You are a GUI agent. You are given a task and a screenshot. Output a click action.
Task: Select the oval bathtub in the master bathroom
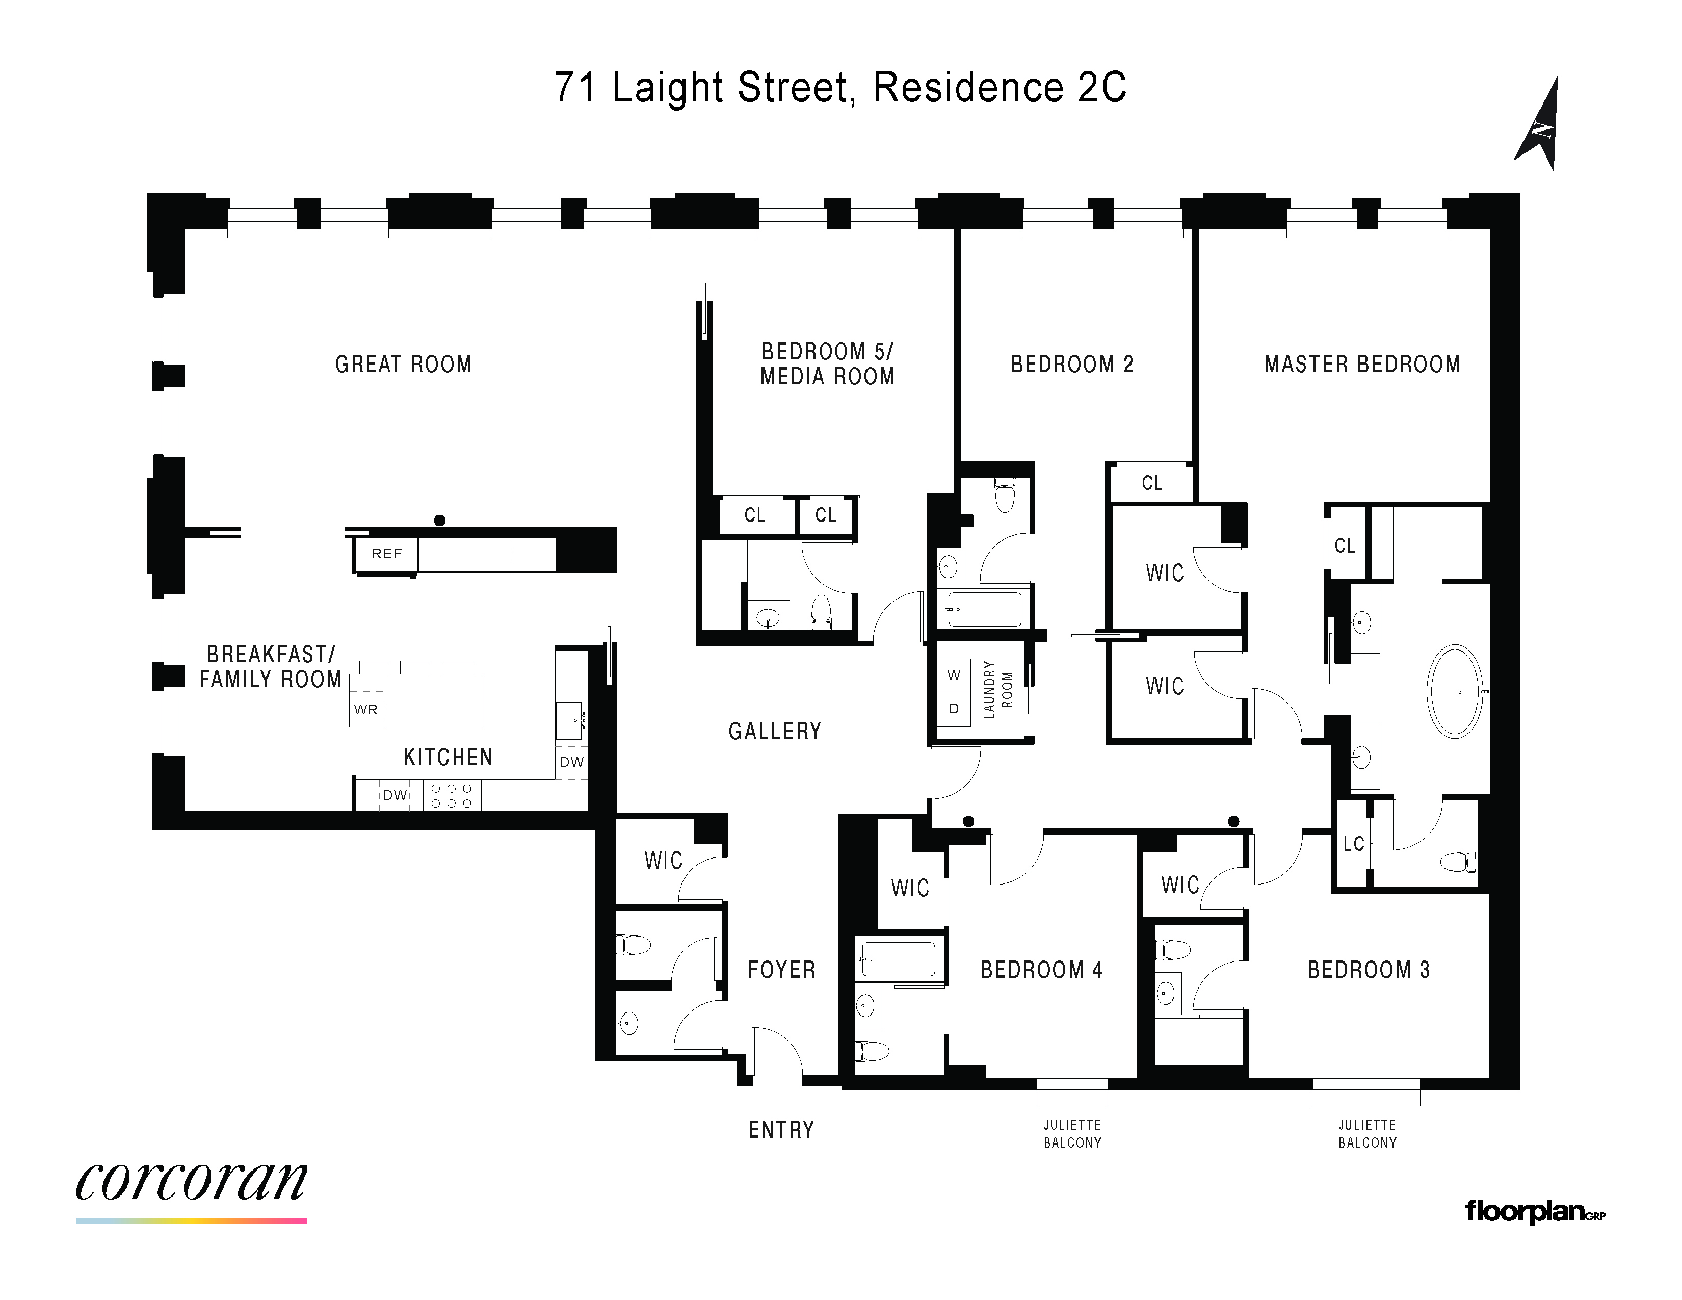[1455, 692]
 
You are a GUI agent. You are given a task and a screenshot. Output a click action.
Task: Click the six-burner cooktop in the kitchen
[451, 796]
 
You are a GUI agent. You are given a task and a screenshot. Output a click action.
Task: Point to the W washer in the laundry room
[954, 675]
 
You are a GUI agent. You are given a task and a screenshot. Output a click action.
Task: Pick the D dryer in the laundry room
[954, 709]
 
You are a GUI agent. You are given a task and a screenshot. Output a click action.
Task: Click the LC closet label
[1353, 844]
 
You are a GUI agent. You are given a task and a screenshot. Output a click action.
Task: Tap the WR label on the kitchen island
[366, 709]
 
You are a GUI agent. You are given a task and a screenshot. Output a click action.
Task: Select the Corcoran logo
[192, 1182]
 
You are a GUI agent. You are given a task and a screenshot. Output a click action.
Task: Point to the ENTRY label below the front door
[781, 1130]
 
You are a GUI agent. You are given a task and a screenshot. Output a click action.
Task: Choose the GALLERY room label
[775, 731]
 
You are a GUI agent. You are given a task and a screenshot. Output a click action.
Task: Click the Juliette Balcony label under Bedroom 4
[1072, 1134]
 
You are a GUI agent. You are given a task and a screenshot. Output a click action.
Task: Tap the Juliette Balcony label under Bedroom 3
[1367, 1134]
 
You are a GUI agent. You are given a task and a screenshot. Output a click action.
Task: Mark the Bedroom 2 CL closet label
[1151, 483]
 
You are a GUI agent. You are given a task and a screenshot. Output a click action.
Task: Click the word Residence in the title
[968, 87]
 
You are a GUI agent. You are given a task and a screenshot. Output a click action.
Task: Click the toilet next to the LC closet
[1458, 862]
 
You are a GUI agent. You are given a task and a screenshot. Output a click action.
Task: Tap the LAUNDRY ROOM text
[998, 689]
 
